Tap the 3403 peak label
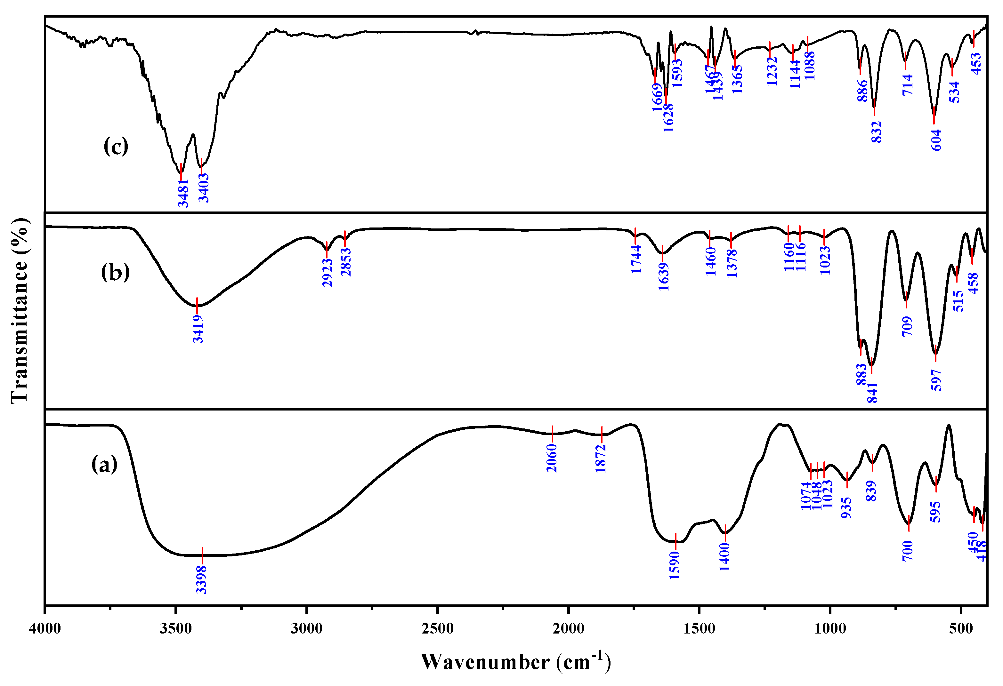204,188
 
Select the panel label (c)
116,146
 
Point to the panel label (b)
115,272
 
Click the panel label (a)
104,465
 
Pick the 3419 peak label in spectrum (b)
198,329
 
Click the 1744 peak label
636,259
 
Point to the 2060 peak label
552,458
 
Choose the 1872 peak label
601,459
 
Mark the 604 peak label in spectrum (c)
936,140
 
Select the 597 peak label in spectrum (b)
936,380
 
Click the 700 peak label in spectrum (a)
908,551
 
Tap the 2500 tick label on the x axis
438,629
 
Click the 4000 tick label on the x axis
45,629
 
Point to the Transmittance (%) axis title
20,311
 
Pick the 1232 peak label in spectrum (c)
772,71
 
